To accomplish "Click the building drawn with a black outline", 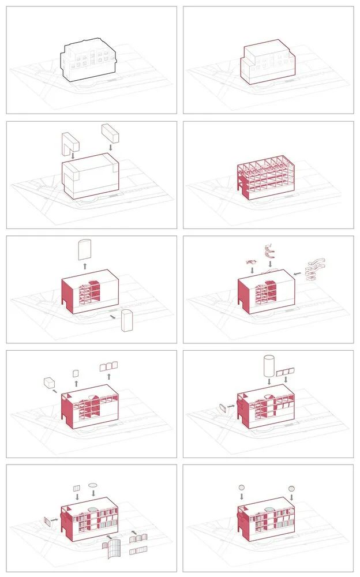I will pyautogui.click(x=88, y=61).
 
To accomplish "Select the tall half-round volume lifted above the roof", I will pyautogui.click(x=84, y=249).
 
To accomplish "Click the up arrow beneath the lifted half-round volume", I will pyautogui.click(x=85, y=267).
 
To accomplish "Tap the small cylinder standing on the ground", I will pyautogui.click(x=127, y=320).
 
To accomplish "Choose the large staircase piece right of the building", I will pyautogui.click(x=316, y=269).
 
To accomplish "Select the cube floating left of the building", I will pyautogui.click(x=49, y=383).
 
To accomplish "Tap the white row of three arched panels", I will pyautogui.click(x=108, y=366).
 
